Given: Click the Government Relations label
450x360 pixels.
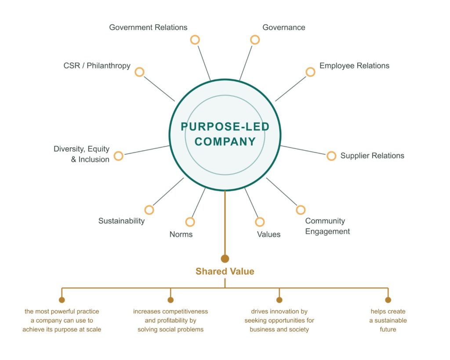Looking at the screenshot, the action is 148,27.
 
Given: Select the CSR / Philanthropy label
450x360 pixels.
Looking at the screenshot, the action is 97,66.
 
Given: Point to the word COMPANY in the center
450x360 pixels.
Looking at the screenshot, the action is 225,142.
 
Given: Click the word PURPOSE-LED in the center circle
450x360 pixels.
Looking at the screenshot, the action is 225,127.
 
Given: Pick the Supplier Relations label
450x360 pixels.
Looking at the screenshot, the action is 372,156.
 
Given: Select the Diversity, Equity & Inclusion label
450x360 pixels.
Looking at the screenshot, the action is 81,154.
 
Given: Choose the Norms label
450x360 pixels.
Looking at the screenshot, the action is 181,234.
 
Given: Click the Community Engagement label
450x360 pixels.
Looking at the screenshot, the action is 327,226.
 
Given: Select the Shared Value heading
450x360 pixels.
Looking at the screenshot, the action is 225,271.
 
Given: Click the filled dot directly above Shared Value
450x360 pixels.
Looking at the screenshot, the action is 225,258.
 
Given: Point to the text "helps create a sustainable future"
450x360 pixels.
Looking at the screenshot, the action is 388,320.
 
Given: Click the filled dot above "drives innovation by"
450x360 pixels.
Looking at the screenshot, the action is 279,300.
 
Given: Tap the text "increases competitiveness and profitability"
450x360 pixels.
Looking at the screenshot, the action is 171,316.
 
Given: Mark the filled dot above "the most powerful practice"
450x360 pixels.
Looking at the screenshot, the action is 62,300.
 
